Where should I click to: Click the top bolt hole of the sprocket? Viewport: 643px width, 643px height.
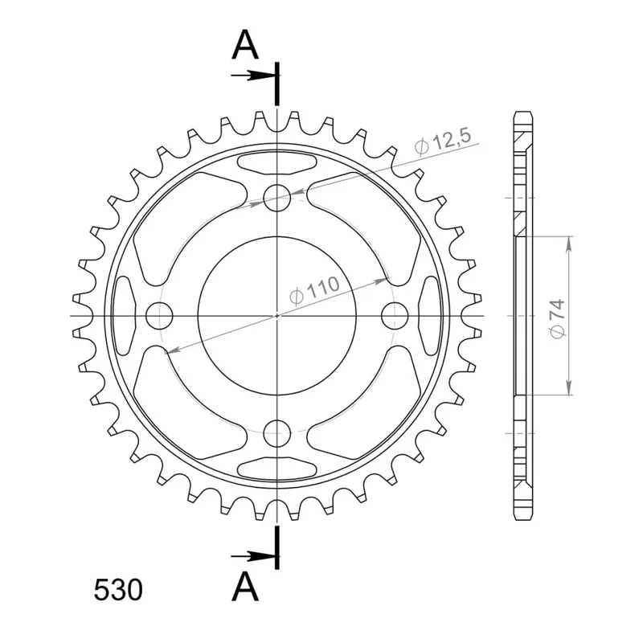pos(276,198)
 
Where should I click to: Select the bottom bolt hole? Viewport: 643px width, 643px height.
pos(276,433)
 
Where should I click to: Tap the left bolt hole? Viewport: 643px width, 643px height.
pos(159,316)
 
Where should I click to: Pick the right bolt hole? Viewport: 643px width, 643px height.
pos(395,316)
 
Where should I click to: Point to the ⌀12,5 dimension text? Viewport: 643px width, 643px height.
pos(443,142)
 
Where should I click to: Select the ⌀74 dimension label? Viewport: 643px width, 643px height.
pos(557,319)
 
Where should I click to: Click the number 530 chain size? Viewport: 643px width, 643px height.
pos(118,591)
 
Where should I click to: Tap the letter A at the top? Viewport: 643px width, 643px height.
pos(245,45)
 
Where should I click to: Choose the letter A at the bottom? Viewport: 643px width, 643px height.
pos(245,587)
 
